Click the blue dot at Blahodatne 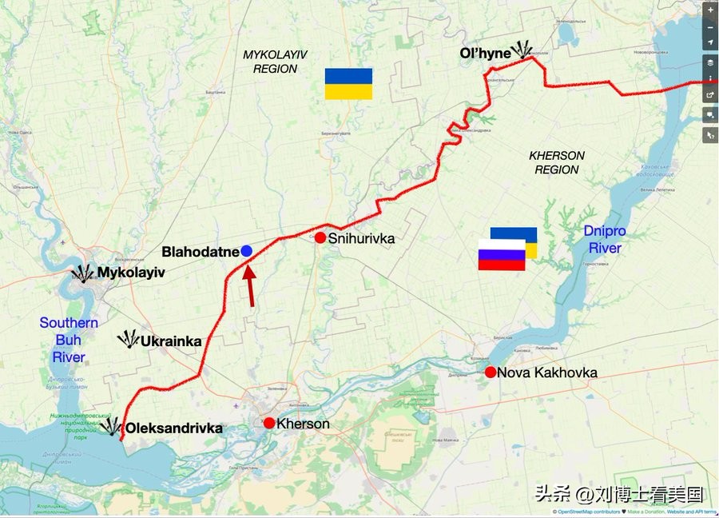click(x=247, y=251)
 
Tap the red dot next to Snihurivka click(x=320, y=237)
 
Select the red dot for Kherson click(x=269, y=423)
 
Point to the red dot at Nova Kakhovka click(x=491, y=372)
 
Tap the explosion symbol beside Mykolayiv click(x=82, y=273)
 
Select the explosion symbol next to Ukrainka click(x=128, y=340)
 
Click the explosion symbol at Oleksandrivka click(x=111, y=426)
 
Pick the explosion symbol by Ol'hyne click(x=523, y=50)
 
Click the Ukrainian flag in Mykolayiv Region click(x=348, y=84)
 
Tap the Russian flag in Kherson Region click(x=502, y=255)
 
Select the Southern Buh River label click(x=69, y=340)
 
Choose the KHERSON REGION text click(x=557, y=162)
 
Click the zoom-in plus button click(x=710, y=10)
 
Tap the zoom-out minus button click(x=710, y=26)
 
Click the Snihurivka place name click(x=361, y=238)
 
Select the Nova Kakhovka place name click(x=546, y=373)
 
